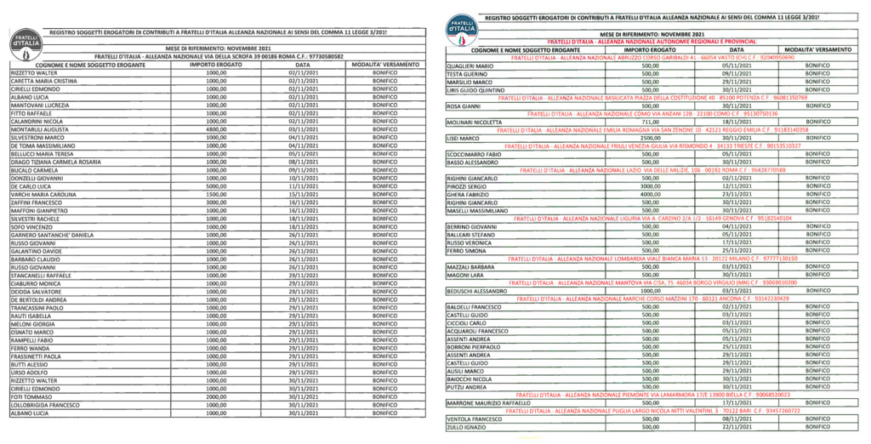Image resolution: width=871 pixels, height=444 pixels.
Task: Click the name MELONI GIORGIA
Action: (31, 324)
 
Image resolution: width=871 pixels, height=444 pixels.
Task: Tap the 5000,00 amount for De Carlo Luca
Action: (216, 185)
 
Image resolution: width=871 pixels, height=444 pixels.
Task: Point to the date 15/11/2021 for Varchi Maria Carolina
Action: (303, 194)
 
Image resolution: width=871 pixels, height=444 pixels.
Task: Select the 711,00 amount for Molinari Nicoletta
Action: (650, 122)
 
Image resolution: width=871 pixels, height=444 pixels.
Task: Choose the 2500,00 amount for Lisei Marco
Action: (650, 138)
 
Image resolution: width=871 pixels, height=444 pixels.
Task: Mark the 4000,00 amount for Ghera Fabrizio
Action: (650, 195)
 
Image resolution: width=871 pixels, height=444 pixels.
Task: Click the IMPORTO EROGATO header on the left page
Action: (216, 65)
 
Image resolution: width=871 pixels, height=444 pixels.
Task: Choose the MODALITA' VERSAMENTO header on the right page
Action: (817, 50)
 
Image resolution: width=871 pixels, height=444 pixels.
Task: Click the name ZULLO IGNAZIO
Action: (466, 427)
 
